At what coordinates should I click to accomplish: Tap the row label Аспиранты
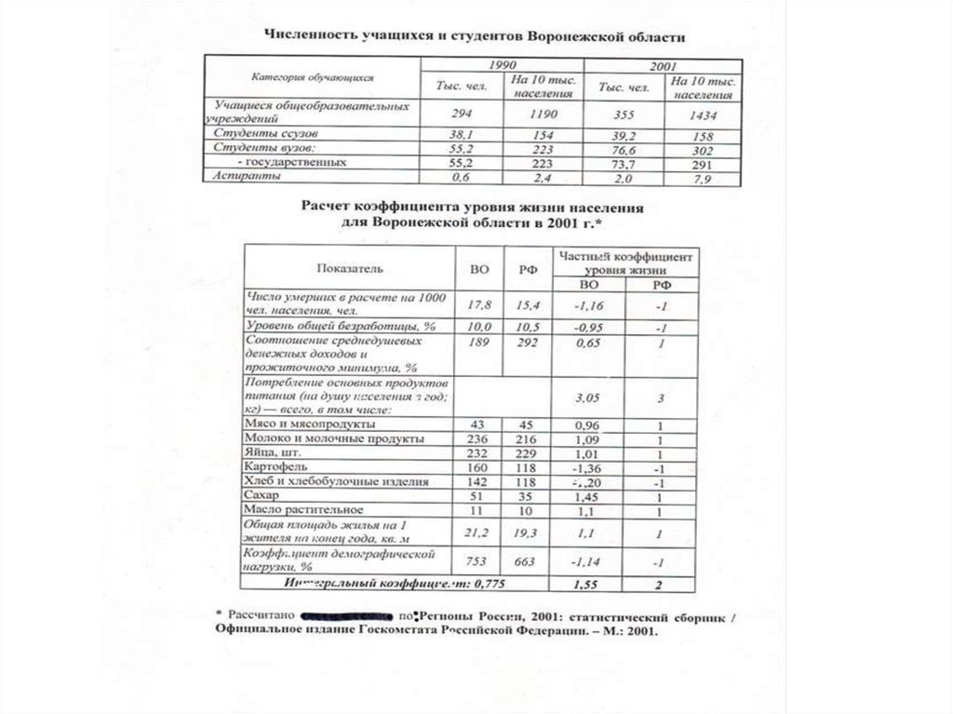coord(241,175)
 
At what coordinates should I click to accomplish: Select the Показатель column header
coord(348,267)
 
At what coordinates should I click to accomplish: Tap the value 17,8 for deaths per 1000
coord(477,303)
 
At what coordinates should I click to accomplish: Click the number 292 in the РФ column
coord(525,344)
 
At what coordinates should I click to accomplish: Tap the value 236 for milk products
coord(477,437)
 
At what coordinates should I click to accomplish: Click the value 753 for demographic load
coord(477,561)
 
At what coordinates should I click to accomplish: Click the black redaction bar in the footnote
coord(346,615)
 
